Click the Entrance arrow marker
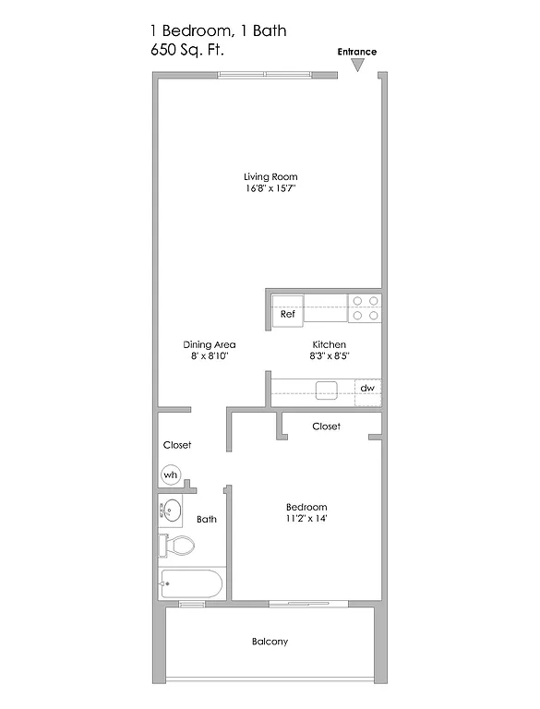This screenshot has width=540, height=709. (358, 66)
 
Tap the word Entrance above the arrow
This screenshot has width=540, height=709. (357, 52)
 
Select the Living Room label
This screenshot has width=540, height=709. (270, 176)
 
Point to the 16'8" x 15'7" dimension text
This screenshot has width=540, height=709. (270, 189)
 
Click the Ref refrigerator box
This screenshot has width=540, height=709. (287, 314)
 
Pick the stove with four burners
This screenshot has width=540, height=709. (365, 307)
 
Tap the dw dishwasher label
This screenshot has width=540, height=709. (366, 389)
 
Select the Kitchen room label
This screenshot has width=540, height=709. (328, 344)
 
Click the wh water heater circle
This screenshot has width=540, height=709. (170, 475)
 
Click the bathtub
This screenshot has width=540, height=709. (192, 583)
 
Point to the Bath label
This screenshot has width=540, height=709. (207, 520)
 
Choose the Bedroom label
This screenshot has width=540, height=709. (306, 508)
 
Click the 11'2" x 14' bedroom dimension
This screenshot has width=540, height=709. (306, 520)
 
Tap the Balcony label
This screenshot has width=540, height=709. (270, 642)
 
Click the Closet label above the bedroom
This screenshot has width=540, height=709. (326, 427)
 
